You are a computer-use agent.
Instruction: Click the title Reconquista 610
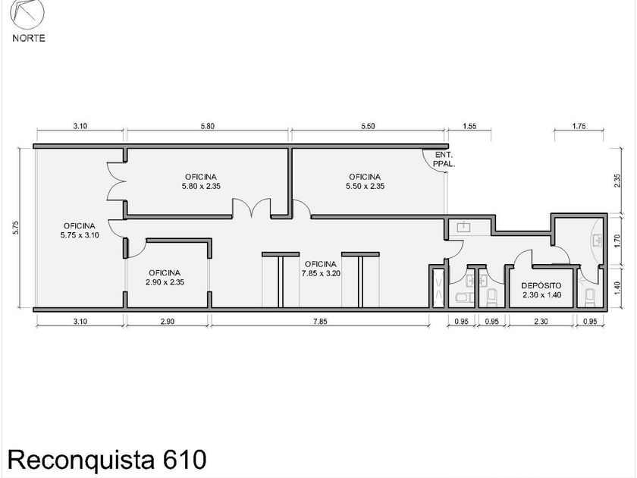(107, 459)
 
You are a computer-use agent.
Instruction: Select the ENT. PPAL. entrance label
(444, 160)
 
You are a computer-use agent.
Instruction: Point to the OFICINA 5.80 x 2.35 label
(205, 181)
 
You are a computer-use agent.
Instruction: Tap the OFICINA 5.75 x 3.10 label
(79, 231)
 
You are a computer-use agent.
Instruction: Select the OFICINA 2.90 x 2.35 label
(164, 277)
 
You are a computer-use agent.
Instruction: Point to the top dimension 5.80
(206, 127)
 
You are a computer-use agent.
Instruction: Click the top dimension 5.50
(366, 127)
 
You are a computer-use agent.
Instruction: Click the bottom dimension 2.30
(541, 322)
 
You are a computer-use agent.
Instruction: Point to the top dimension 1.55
(468, 127)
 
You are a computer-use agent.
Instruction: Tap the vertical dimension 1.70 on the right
(618, 241)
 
